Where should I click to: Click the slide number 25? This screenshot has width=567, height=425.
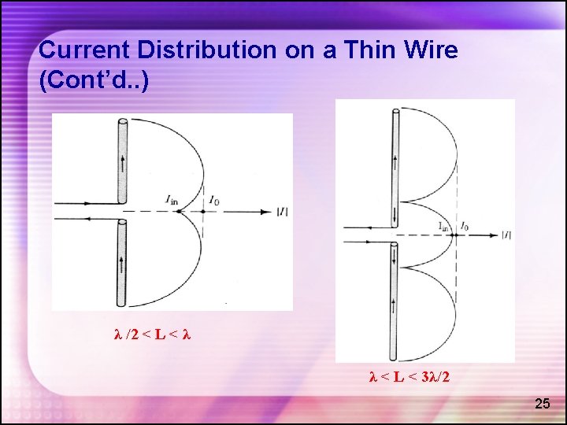tap(543, 404)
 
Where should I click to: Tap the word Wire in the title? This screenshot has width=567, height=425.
tap(428, 50)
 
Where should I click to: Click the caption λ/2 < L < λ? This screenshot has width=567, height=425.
tap(153, 334)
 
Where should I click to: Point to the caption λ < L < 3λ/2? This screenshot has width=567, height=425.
tap(409, 377)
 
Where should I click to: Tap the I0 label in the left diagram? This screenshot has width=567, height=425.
tap(214, 201)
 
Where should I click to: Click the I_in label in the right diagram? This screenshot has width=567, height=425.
tap(444, 227)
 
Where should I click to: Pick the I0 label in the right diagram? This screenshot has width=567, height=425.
tap(465, 227)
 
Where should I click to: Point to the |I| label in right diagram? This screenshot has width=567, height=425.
tap(506, 235)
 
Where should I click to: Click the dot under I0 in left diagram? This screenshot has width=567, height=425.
tap(203, 211)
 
